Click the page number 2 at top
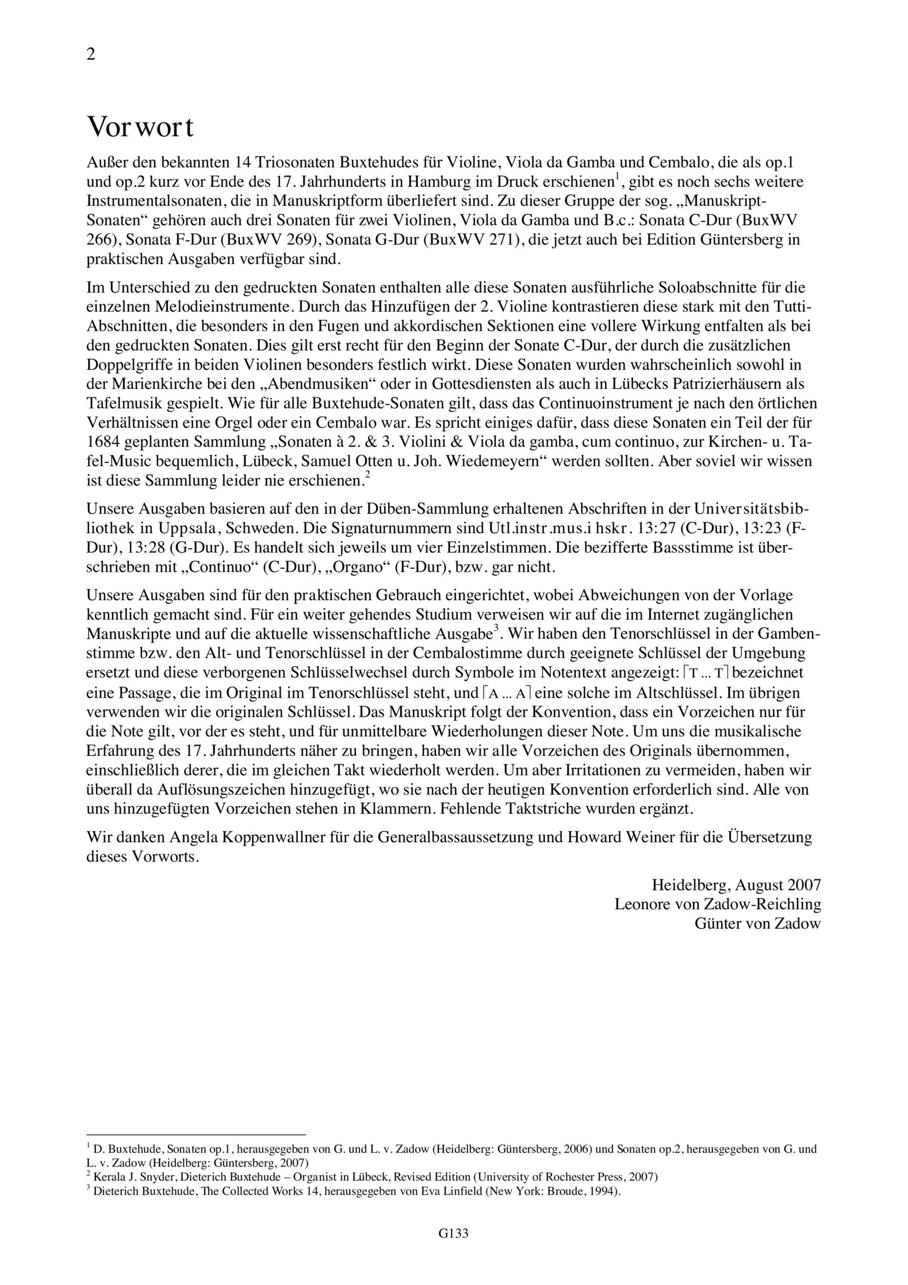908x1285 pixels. [x=91, y=55]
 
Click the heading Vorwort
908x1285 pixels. [x=141, y=127]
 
